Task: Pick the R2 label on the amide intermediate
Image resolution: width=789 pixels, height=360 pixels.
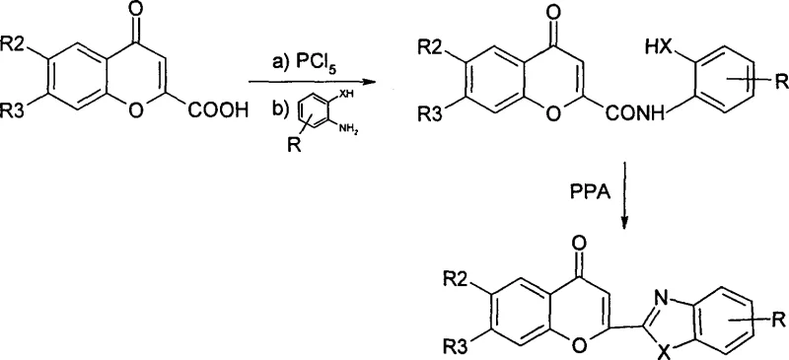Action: click(434, 46)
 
